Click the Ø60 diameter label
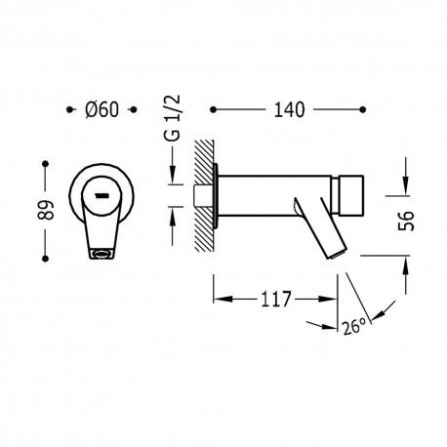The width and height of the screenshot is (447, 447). pos(102,109)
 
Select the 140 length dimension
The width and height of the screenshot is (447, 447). pos(290,109)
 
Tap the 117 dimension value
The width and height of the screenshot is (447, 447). pos(275,299)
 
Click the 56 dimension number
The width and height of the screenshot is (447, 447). pos(406,221)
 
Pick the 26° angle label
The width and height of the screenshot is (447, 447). pos(354,326)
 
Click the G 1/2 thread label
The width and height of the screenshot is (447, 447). pos(173,118)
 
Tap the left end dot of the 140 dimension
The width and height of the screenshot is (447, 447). pos(213,109)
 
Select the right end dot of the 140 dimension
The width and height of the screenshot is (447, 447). pos(363,109)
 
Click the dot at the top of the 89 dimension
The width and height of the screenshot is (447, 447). pos(46,164)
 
